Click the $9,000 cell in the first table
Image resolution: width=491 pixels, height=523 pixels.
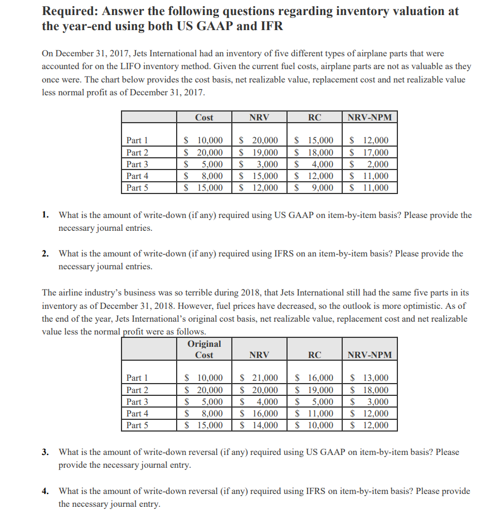click(315, 187)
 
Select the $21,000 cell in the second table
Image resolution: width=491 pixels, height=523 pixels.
click(260, 379)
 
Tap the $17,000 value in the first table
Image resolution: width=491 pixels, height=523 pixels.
click(370, 152)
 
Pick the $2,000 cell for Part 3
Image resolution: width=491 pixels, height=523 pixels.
click(370, 164)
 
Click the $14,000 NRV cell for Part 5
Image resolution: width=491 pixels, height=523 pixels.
click(260, 425)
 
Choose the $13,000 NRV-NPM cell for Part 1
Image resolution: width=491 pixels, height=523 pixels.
click(370, 379)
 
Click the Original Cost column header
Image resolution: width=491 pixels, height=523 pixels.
click(204, 349)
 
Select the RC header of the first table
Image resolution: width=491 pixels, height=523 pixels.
click(314, 117)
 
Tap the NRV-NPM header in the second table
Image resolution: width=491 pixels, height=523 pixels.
click(370, 355)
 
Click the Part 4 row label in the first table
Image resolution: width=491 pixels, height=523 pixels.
click(137, 176)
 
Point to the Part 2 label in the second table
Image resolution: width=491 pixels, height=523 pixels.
click(137, 390)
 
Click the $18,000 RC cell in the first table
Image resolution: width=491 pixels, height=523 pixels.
click(314, 152)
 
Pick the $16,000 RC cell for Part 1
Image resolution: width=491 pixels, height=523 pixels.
click(314, 379)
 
